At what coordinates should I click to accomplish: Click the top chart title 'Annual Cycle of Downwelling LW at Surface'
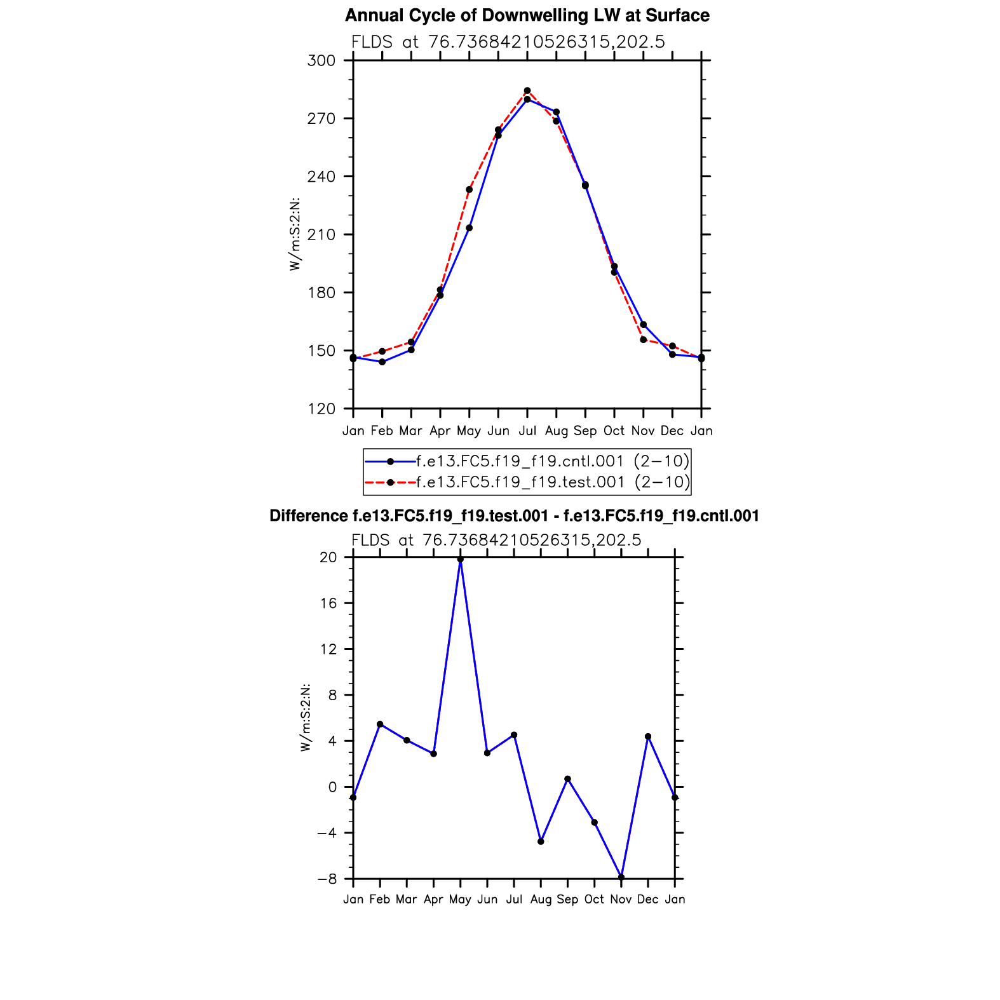[x=527, y=15]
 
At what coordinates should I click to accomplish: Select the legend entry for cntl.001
[x=551, y=461]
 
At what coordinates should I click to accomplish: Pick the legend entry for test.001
[x=552, y=482]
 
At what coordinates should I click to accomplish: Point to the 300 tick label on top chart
[x=321, y=61]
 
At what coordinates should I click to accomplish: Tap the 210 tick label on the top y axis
[x=321, y=235]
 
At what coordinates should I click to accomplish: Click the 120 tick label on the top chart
[x=321, y=409]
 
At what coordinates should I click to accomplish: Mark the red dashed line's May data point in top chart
[x=469, y=190]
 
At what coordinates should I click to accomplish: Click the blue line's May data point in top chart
[x=469, y=228]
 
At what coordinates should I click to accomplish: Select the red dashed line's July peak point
[x=527, y=91]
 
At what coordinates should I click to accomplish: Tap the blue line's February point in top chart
[x=382, y=362]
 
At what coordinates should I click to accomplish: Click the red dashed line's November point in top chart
[x=643, y=340]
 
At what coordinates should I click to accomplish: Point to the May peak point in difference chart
[x=461, y=560]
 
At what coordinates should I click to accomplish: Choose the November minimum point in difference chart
[x=621, y=877]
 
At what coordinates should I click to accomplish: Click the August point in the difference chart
[x=541, y=842]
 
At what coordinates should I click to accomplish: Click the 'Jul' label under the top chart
[x=527, y=431]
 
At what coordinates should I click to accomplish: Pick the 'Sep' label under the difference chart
[x=567, y=900]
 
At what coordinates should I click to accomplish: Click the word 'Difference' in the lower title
[x=308, y=516]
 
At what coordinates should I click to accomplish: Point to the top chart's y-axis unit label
[x=295, y=234]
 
